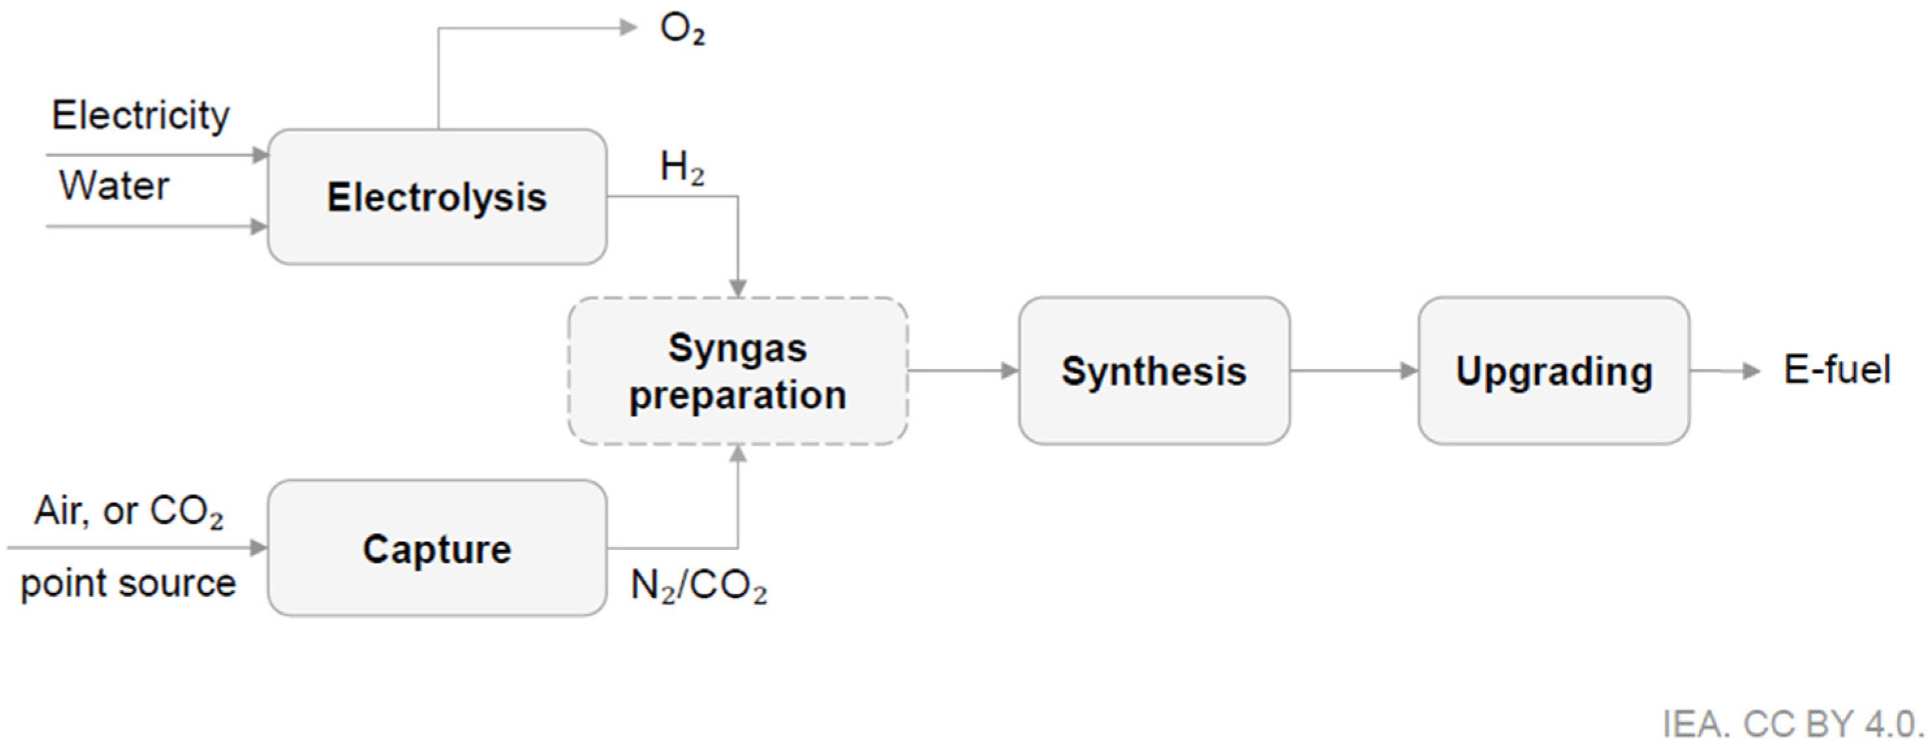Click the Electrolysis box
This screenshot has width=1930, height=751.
[437, 197]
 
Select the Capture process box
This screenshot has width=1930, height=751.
[437, 549]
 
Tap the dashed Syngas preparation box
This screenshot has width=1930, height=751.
[738, 372]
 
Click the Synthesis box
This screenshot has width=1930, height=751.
[1154, 372]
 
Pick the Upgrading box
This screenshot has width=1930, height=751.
[1553, 372]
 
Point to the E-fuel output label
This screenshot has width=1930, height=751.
[1836, 370]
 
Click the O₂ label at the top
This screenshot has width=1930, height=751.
[682, 30]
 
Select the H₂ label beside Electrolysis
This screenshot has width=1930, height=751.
[682, 167]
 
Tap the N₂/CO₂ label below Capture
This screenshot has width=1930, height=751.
[698, 586]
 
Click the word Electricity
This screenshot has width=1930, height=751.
[140, 116]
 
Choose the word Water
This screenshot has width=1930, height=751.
[114, 185]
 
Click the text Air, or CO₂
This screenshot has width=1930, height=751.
[128, 512]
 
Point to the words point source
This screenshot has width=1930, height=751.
[128, 583]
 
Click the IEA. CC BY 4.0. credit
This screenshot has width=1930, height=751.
[1792, 724]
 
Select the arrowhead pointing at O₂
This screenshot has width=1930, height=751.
[628, 28]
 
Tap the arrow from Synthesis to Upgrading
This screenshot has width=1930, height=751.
[1353, 371]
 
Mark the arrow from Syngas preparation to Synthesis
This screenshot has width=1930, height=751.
[963, 371]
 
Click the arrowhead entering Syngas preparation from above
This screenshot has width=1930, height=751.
[738, 288]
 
